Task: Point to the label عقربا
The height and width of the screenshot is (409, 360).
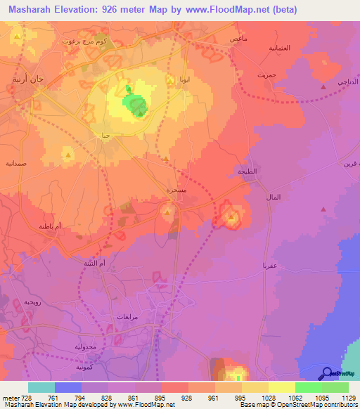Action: click(x=271, y=266)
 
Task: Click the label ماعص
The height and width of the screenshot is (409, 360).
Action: click(x=237, y=39)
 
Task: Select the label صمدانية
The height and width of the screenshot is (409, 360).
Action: click(x=16, y=162)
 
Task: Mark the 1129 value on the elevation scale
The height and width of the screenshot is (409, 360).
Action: click(x=347, y=398)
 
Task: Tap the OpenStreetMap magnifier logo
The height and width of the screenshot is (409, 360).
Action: click(x=326, y=375)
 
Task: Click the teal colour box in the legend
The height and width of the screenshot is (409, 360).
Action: click(x=41, y=387)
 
